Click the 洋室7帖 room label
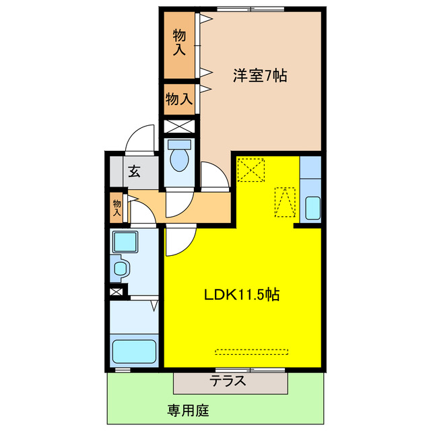pos(260,77)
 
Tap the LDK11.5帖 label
pos(242,294)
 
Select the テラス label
pos(227,382)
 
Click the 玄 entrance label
pos(134,171)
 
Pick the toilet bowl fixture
pos(179,160)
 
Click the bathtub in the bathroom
pos(134,352)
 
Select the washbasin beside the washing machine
pos(121,269)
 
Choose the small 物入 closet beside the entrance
pos(118,207)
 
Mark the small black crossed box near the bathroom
pos(117,292)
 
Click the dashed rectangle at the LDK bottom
pos(253,351)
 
